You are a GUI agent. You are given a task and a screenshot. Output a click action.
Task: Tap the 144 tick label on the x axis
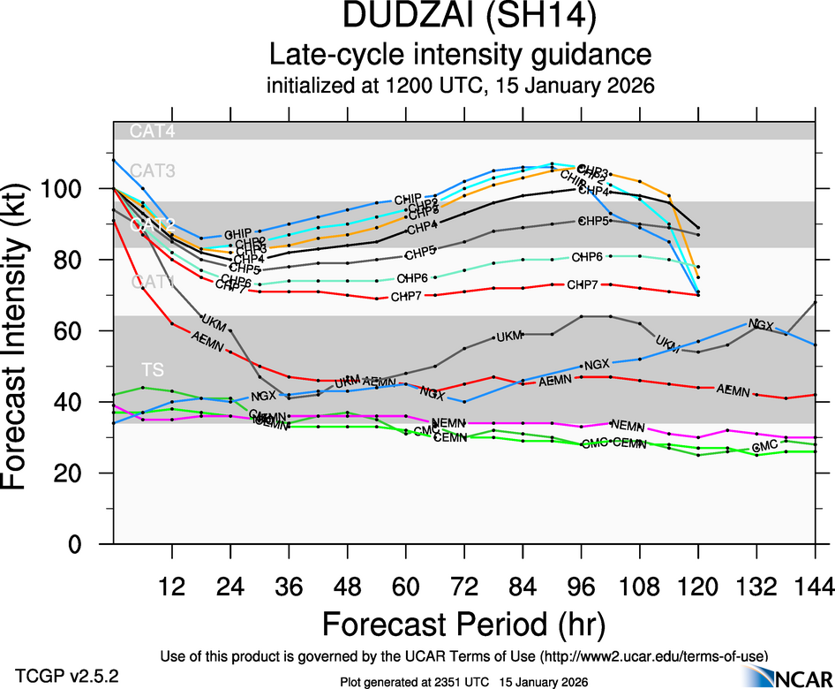815,587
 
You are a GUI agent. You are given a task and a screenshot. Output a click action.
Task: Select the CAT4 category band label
153,132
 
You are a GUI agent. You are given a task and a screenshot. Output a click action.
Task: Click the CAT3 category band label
153,170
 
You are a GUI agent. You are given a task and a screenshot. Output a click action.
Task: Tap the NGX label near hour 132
761,325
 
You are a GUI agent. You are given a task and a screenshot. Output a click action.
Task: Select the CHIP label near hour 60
408,199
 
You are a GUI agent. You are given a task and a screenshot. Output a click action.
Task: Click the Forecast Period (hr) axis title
463,624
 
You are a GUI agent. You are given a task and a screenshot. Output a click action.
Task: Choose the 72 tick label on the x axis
464,587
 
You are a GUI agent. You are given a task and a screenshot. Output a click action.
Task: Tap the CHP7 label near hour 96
583,284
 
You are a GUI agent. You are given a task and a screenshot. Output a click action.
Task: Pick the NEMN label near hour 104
628,425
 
